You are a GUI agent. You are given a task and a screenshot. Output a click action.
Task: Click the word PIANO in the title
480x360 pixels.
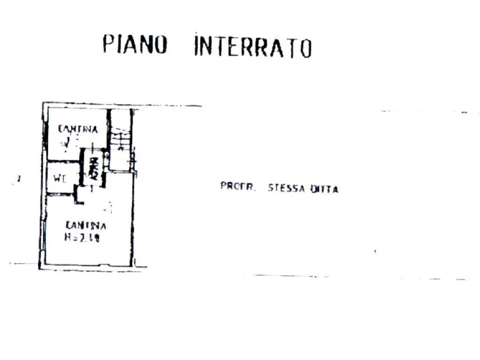click(135, 45)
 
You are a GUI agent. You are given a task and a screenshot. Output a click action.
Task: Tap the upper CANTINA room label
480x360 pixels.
click(78, 129)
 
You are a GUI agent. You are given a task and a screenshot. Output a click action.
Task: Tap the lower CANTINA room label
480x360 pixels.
click(86, 225)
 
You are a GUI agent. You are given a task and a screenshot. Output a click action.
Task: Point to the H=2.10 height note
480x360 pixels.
click(82, 238)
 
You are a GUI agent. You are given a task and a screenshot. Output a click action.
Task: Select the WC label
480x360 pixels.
click(59, 178)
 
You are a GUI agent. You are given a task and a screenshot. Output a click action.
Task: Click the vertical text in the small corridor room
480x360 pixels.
click(93, 169)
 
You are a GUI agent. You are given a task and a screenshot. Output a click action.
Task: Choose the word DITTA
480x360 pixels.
click(323, 189)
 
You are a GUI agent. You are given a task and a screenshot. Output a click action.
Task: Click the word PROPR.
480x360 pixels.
click(238, 186)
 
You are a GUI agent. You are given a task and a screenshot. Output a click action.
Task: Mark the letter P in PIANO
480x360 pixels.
click(108, 44)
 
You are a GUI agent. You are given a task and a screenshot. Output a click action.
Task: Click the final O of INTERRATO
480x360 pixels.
click(306, 48)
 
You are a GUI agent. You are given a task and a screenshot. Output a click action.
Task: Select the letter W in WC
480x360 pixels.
click(57, 178)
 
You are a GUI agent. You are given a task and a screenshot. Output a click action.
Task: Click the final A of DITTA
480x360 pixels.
click(335, 189)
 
